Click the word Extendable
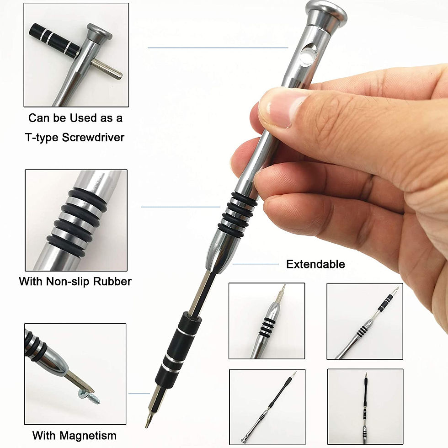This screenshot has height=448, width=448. point(315,264)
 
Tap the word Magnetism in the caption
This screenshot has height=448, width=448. point(88,436)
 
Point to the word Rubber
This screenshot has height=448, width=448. point(112,282)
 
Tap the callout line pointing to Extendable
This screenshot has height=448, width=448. point(256,264)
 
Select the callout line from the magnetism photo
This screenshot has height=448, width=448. point(139,394)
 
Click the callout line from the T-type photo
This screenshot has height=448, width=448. point(218,48)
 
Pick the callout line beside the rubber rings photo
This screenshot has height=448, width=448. point(181,207)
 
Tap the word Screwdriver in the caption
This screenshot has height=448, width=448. point(93,138)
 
